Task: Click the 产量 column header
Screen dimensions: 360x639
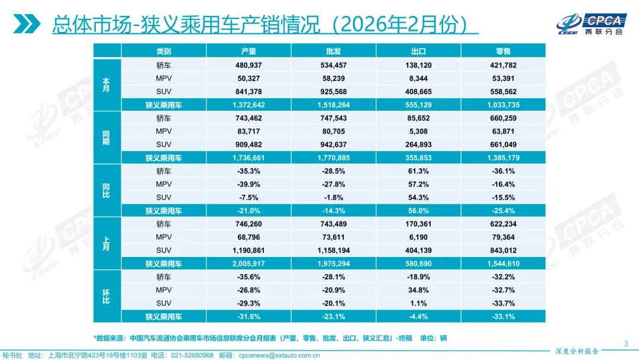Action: [x=248, y=52]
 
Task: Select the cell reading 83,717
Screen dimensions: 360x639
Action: [x=248, y=131]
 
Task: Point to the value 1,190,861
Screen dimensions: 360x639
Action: [x=248, y=250]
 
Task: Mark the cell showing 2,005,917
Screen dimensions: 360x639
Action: [x=248, y=264]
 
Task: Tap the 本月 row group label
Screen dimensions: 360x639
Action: [x=106, y=85]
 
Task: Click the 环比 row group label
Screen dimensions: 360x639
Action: [x=106, y=297]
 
